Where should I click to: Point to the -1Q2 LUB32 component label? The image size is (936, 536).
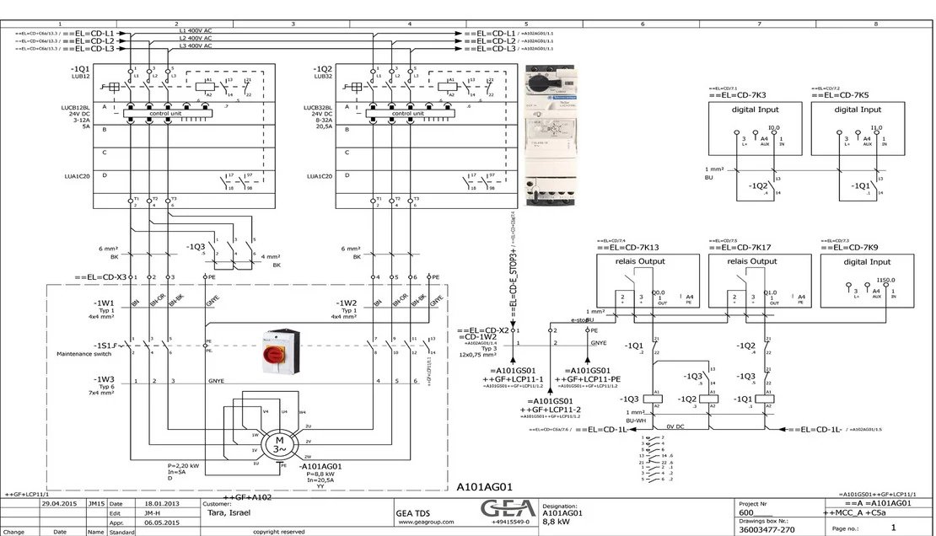click(x=323, y=71)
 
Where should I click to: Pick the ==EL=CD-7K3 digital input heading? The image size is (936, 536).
click(x=736, y=95)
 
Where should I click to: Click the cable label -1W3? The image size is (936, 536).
click(x=105, y=380)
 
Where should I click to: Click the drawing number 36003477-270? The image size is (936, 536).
click(x=766, y=530)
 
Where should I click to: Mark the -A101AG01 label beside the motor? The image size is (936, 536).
click(x=321, y=465)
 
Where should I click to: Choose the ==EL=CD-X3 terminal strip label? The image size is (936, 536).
click(x=100, y=276)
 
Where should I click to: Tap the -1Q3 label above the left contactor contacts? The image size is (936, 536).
click(x=196, y=247)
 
